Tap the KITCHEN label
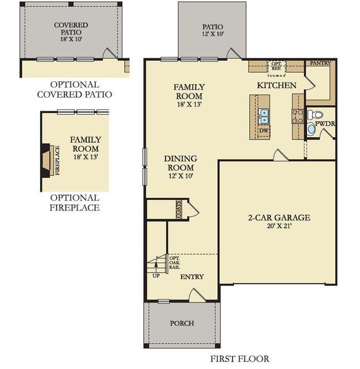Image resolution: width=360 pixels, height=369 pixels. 277,85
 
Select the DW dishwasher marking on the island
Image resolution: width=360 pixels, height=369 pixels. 263,130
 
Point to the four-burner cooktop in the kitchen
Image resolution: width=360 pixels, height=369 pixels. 296,114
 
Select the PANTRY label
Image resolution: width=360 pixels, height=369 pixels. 320,63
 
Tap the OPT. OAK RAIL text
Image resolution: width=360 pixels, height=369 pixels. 174,263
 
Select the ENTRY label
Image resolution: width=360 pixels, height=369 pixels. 191,277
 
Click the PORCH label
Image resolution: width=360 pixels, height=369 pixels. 182,323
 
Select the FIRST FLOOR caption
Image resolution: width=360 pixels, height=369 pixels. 239,359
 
